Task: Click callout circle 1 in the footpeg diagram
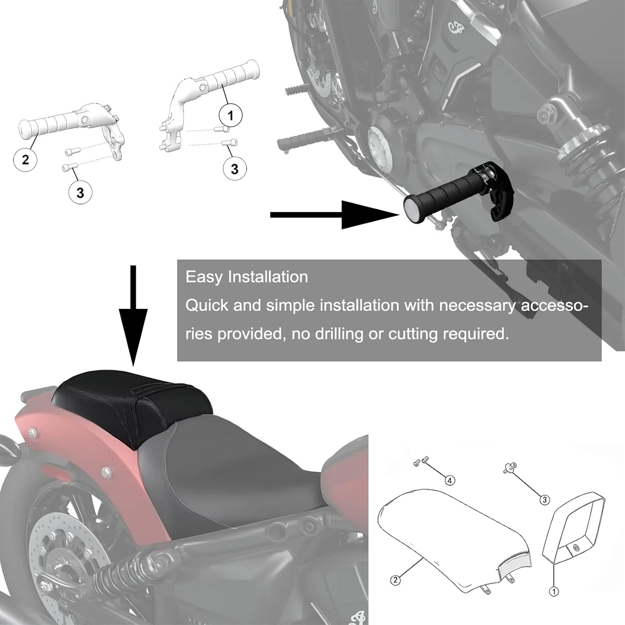pos(230,115)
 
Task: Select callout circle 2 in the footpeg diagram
pos(25,159)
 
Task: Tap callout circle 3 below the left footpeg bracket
pos(80,192)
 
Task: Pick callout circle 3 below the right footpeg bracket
pos(235,169)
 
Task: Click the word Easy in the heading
pos(204,277)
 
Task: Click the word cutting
pos(412,334)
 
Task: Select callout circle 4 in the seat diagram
pos(450,480)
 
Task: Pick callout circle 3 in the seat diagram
pos(545,500)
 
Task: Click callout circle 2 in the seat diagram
pos(395,580)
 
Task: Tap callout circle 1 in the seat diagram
pos(554,591)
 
